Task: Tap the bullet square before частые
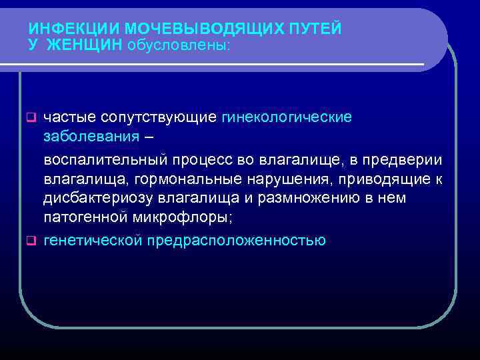[x=30, y=117]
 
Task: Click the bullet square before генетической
[x=30, y=240]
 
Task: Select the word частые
[x=69, y=117]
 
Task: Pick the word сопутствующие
[x=158, y=117]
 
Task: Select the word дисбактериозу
[x=96, y=199]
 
